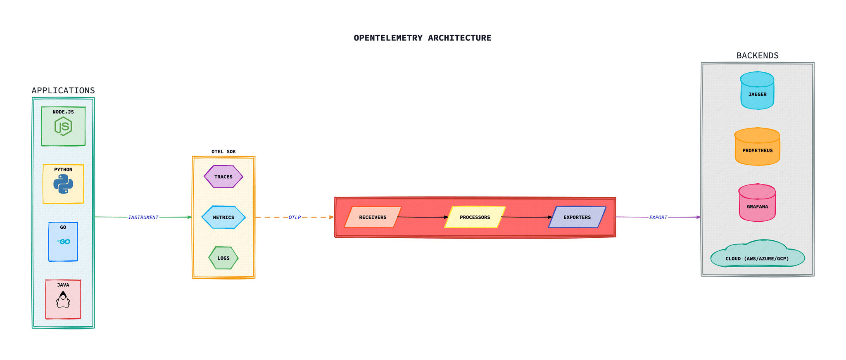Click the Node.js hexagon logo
pos(63,126)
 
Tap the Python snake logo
pos(63,184)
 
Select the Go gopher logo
pos(64,242)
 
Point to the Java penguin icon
pos(63,300)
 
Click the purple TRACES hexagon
pos(223,177)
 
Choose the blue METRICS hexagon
pos(223,217)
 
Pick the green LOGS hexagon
pos(223,258)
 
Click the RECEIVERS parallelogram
pos(373,217)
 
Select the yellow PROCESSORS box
pos(475,217)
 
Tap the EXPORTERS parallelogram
pos(577,217)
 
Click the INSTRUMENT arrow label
pos(143,218)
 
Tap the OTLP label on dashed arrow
pos(295,218)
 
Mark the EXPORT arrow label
pos(658,218)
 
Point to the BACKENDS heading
pos(757,56)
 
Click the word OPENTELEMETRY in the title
pos(388,38)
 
